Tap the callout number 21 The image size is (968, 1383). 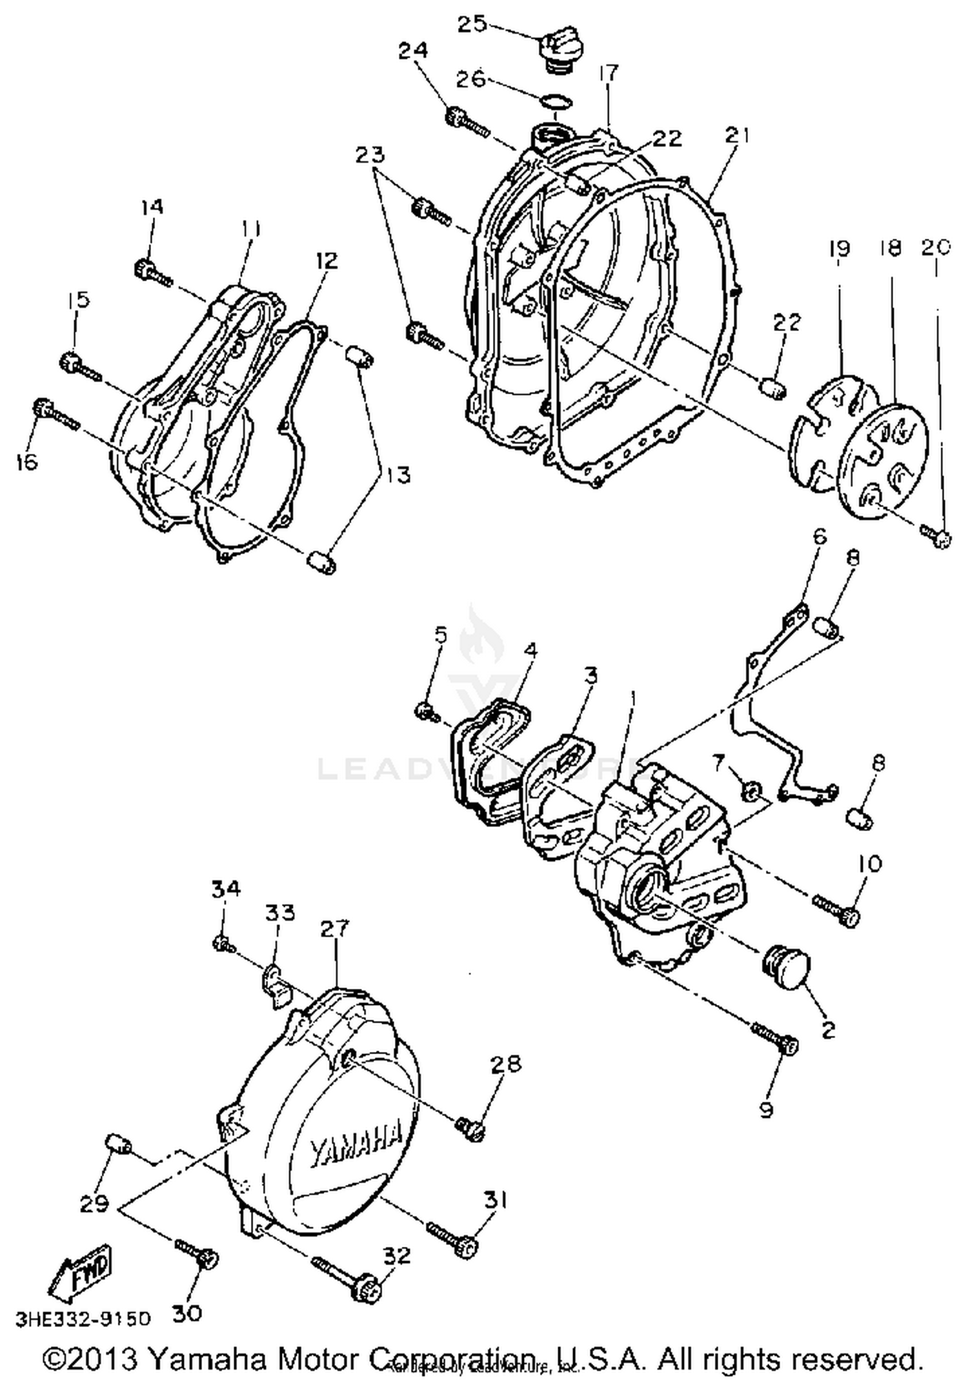pyautogui.click(x=736, y=136)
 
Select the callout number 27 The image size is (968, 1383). pyautogui.click(x=335, y=929)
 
